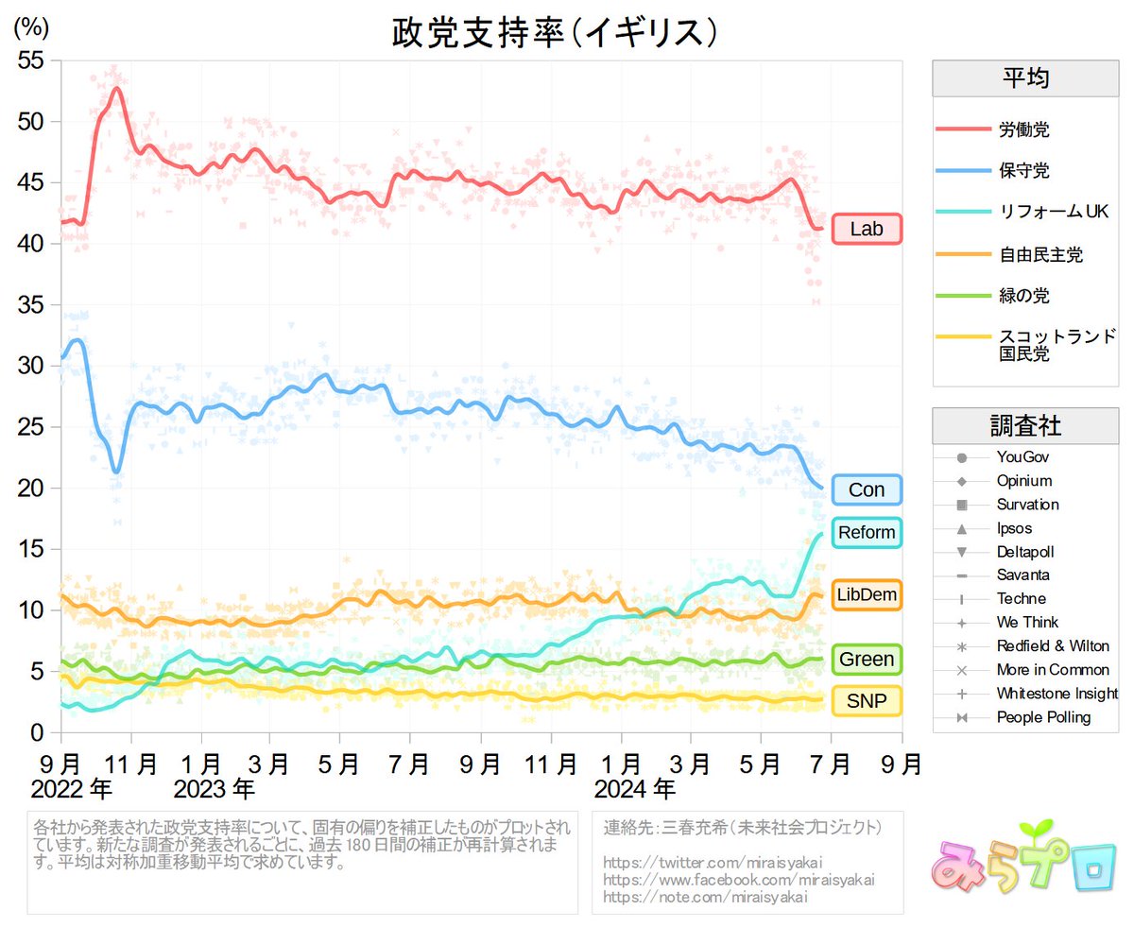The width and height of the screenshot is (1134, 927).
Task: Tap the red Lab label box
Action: coord(867,230)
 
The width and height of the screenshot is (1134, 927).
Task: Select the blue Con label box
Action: coord(867,489)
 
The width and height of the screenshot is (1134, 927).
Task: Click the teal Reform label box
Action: coord(867,533)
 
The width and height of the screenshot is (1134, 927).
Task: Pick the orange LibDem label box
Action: coord(867,594)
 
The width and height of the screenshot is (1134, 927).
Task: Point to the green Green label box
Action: coord(867,659)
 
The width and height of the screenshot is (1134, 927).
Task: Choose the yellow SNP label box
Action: coord(867,701)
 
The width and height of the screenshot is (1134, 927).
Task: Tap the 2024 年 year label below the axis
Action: coord(635,786)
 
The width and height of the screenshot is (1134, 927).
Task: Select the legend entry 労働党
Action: coord(1023,129)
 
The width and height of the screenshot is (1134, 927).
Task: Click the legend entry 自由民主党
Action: coord(1039,254)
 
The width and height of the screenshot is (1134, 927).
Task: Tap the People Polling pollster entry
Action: coord(1043,717)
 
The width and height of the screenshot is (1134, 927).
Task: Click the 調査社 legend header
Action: coord(1025,426)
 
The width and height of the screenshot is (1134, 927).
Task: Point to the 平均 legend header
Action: coord(1025,78)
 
